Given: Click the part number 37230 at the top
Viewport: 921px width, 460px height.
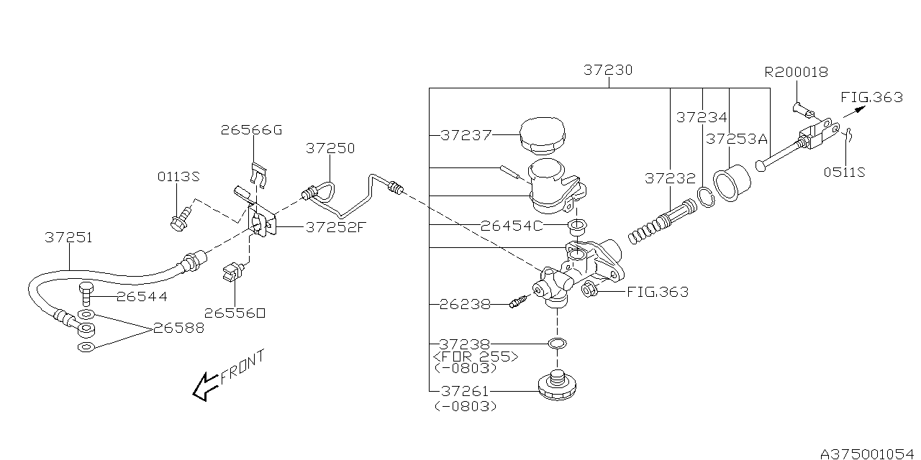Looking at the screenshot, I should tap(608, 70).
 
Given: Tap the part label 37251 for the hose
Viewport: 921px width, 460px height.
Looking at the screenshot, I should tap(68, 237).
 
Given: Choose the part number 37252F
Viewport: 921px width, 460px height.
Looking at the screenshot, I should tap(336, 227).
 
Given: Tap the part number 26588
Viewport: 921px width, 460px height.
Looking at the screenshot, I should tap(178, 328).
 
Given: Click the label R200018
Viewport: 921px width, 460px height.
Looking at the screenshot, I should tap(796, 72).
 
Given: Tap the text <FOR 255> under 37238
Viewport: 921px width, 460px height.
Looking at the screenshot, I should tap(475, 356).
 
